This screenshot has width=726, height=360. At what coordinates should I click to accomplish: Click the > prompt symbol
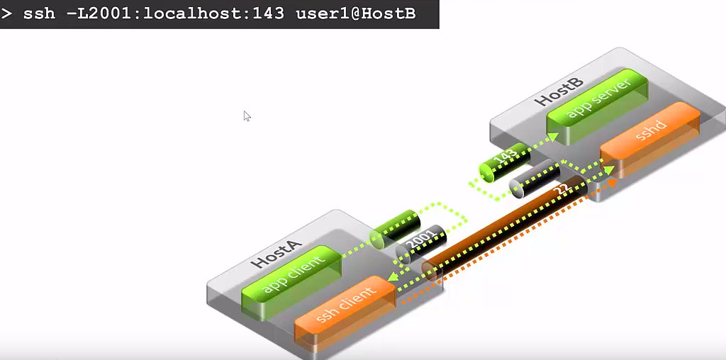[7, 13]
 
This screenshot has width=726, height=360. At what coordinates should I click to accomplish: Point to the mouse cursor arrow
[247, 116]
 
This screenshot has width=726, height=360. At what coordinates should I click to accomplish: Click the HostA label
[277, 253]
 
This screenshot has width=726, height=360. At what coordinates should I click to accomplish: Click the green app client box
[292, 276]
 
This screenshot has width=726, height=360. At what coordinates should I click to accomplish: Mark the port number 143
[506, 158]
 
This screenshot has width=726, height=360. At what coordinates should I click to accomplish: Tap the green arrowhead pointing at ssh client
[391, 283]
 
